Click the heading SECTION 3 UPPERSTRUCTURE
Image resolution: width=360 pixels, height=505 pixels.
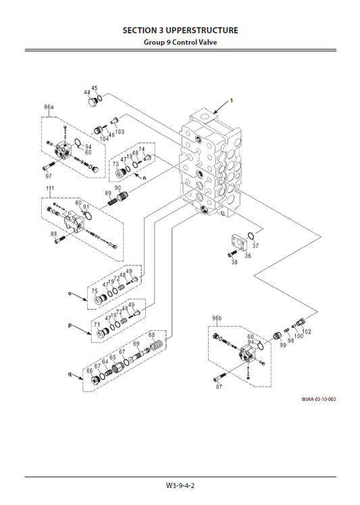tap(180, 30)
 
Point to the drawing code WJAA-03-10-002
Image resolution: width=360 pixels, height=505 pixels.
tap(319, 398)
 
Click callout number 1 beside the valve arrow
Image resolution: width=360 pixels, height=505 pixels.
tap(231, 101)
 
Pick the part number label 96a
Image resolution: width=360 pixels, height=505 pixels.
tap(49, 107)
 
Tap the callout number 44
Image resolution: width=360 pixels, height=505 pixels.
tap(87, 92)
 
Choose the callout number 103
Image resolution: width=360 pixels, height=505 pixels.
tap(120, 132)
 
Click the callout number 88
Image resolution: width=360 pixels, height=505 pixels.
tap(54, 234)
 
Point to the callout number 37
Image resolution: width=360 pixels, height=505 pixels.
tap(255, 246)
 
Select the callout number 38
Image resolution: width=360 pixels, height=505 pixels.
tap(234, 262)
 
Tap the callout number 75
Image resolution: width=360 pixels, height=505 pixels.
tap(95, 291)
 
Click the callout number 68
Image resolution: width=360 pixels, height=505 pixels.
tap(152, 336)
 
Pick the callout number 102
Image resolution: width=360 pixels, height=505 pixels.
tap(307, 331)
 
